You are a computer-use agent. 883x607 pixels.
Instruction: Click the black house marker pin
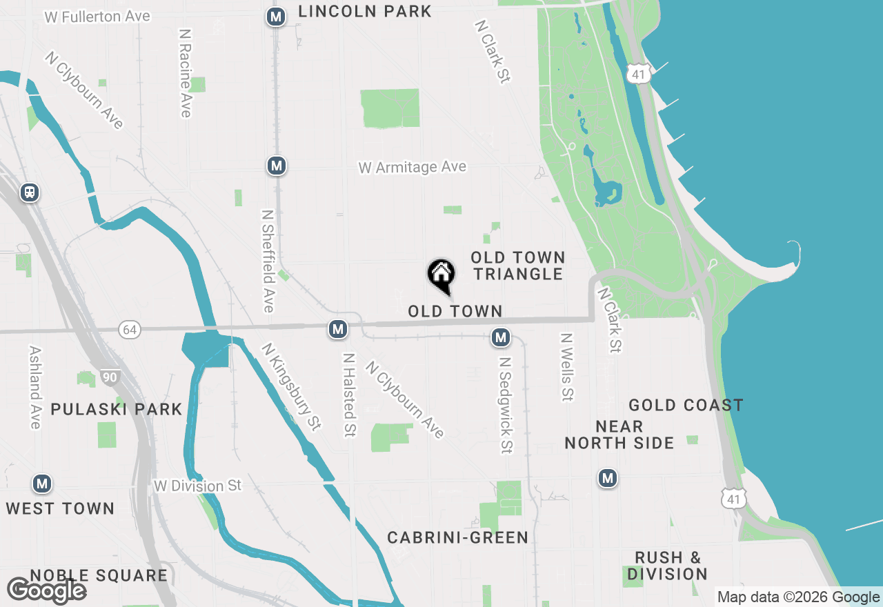click(441, 276)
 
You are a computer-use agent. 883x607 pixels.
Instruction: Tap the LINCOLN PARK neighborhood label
click(365, 11)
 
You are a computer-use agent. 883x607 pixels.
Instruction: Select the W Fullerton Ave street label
click(97, 17)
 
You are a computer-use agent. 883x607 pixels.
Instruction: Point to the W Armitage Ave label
click(412, 167)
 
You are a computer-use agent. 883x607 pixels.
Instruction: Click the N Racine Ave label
click(185, 72)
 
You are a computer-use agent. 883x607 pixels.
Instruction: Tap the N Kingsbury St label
click(291, 386)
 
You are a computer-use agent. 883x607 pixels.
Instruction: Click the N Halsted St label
click(349, 395)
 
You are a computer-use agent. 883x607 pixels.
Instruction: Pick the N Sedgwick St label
click(506, 405)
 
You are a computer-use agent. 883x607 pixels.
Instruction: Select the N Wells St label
click(567, 367)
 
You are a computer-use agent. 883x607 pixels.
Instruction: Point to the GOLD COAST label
click(686, 405)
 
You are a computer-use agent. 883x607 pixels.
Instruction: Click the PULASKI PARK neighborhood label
click(117, 409)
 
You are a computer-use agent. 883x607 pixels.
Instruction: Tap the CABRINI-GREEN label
click(457, 537)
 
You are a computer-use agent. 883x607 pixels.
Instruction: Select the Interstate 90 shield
click(110, 377)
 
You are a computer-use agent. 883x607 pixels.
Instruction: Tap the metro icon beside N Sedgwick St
click(501, 337)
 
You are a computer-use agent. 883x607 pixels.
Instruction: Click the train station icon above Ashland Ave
click(29, 192)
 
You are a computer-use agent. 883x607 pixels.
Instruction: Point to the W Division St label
click(198, 486)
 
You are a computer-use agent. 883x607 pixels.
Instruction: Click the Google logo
click(46, 590)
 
